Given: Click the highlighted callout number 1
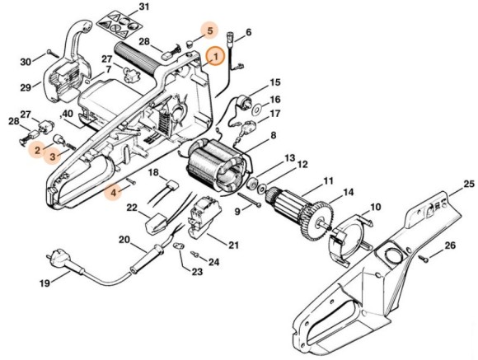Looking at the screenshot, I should (215, 56).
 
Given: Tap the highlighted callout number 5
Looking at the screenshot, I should (210, 30).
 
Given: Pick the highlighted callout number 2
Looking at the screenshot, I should (37, 150).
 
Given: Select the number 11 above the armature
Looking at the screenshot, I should (327, 180).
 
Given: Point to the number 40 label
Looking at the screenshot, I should (68, 114).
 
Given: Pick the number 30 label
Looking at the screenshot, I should (26, 60).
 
